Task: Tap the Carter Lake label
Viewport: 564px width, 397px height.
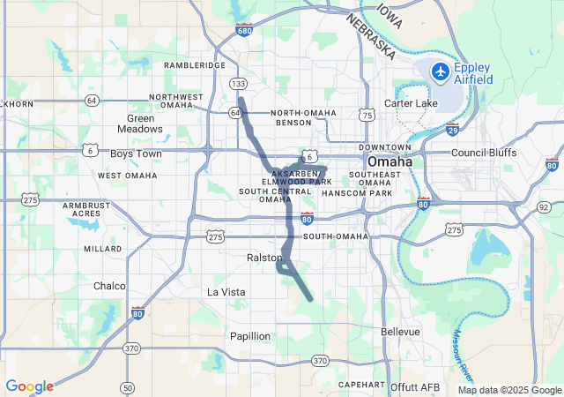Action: [410, 104]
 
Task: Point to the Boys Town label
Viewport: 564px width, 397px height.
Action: [136, 154]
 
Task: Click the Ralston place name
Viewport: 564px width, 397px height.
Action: [263, 258]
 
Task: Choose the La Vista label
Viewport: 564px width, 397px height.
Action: [226, 292]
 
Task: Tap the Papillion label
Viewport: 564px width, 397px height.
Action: [250, 336]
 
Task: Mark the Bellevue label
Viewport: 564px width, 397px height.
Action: [401, 332]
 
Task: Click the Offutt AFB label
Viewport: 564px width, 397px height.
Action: [415, 386]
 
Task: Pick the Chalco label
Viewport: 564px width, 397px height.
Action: [110, 286]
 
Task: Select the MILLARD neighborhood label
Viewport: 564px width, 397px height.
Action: [102, 249]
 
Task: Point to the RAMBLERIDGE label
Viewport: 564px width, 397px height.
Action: [196, 64]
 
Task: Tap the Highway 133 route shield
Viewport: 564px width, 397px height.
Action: [238, 83]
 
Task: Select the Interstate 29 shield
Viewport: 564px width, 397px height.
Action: [452, 131]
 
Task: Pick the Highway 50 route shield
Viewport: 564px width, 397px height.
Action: [128, 387]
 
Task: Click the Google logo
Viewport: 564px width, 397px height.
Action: [29, 386]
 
